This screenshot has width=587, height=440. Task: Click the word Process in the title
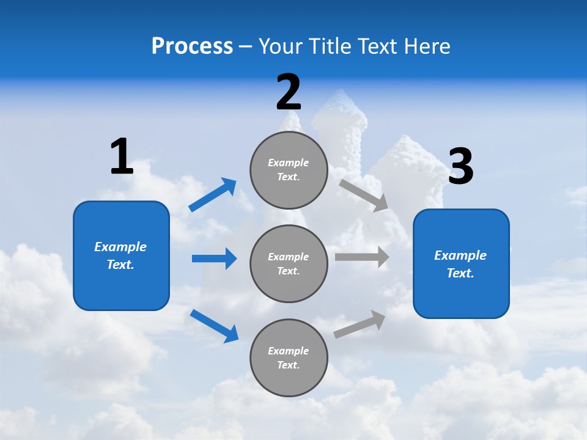click(x=192, y=46)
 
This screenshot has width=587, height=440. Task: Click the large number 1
click(x=122, y=157)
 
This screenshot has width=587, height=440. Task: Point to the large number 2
click(x=289, y=92)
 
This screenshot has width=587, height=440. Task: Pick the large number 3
click(x=460, y=167)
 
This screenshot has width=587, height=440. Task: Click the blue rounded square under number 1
click(x=121, y=255)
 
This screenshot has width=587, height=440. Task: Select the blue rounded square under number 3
click(x=461, y=264)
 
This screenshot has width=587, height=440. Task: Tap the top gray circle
click(x=289, y=170)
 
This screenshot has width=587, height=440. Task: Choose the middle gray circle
click(x=289, y=264)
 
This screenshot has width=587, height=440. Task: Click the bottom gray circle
click(x=289, y=358)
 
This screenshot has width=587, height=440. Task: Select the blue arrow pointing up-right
click(x=213, y=195)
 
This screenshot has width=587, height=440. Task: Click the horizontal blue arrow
click(x=214, y=258)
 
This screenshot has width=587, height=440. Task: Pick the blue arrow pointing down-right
click(x=214, y=326)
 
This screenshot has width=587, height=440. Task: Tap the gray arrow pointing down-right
click(x=364, y=195)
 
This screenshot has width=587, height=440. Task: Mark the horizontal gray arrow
click(x=362, y=257)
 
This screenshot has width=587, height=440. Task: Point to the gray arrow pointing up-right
click(x=360, y=324)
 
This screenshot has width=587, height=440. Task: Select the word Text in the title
click(x=379, y=46)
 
